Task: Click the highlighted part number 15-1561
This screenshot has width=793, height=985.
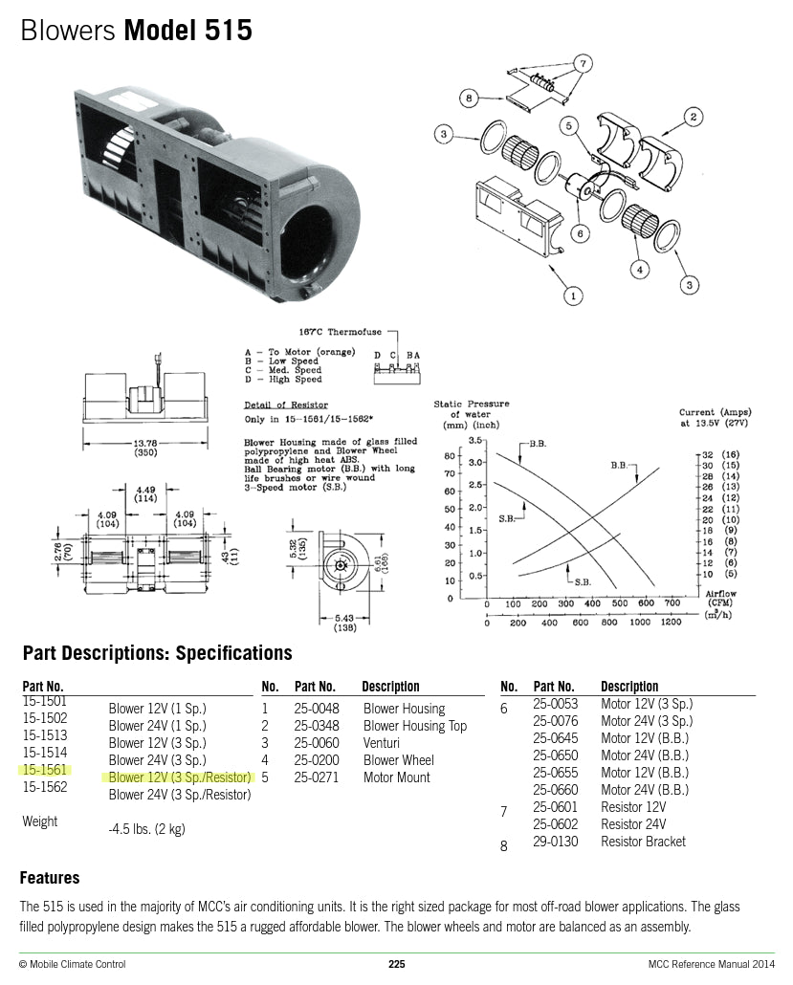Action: (x=44, y=770)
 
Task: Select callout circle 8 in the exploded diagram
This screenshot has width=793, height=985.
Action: (x=469, y=98)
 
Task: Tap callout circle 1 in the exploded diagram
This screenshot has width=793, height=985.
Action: (x=572, y=295)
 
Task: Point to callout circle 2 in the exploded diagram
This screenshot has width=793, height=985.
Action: (x=692, y=118)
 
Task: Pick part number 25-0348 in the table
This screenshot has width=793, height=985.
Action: (x=317, y=726)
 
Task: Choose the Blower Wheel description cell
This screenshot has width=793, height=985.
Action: (x=398, y=760)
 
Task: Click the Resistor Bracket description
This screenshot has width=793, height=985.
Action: (x=643, y=842)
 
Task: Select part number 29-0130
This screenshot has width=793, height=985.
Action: (x=555, y=842)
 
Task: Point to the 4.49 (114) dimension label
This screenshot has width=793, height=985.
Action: (x=144, y=492)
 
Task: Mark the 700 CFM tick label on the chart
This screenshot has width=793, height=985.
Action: (x=672, y=603)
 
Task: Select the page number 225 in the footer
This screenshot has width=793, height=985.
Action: (x=396, y=964)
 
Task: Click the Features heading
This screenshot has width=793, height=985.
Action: (x=50, y=878)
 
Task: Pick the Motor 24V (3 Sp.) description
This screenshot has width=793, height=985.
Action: (x=646, y=721)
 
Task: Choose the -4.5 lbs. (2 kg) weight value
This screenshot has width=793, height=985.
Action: (x=146, y=829)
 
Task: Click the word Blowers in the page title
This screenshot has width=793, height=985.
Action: (x=68, y=32)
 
